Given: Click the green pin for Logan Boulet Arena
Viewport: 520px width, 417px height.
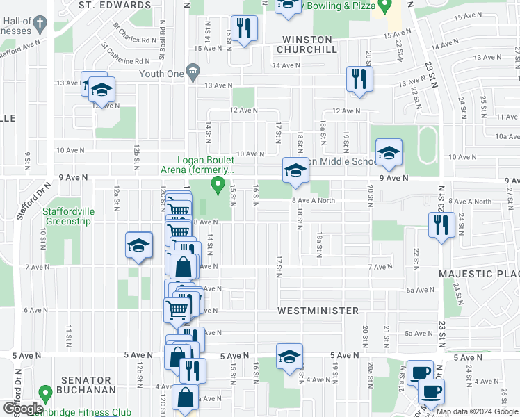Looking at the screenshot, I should click(x=218, y=185).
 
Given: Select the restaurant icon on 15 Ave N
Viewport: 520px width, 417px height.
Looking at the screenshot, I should click(x=243, y=28).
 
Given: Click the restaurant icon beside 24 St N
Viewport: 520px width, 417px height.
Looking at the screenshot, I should click(x=441, y=225).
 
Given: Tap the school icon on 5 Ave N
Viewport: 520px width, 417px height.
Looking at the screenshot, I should click(x=289, y=357).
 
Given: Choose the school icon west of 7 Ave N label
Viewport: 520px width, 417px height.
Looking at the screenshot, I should click(x=138, y=245).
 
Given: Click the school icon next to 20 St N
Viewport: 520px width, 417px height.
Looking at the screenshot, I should click(x=389, y=153).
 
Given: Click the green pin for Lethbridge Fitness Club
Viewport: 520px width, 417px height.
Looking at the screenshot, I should click(x=46, y=394).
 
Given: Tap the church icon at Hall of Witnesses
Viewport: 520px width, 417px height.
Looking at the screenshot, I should click(x=41, y=25).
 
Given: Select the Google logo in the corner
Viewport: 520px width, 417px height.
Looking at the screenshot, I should click(x=23, y=408).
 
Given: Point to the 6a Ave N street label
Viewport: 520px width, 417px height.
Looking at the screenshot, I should click(x=420, y=290).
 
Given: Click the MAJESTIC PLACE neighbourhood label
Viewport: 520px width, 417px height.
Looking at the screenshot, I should click(x=478, y=274).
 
